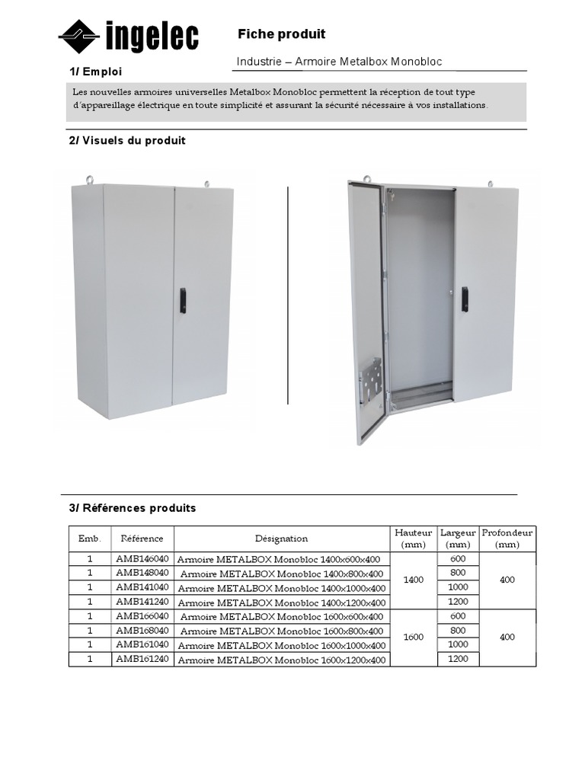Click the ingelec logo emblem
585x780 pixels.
point(80,36)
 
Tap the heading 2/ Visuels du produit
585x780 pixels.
point(127,141)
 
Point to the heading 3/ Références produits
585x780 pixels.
point(133,507)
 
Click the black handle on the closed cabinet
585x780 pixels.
point(182,301)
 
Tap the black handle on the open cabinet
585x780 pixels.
point(465,299)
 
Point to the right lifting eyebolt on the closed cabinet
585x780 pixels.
point(206,183)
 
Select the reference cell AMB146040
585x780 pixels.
point(142,558)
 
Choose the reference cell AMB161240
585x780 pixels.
point(142,659)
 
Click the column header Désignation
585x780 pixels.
point(281,539)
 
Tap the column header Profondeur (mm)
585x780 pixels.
point(507,539)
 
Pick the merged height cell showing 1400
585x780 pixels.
point(414,580)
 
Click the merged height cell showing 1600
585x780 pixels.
point(414,638)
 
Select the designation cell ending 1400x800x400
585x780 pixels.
point(281,574)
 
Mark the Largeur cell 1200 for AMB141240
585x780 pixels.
point(458,601)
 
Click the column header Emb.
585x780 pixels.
point(90,539)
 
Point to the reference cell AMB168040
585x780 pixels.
point(142,631)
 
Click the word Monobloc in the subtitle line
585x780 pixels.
point(417,62)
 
